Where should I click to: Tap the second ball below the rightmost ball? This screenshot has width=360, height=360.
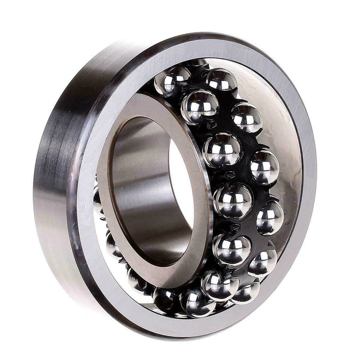coord(245,292)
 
